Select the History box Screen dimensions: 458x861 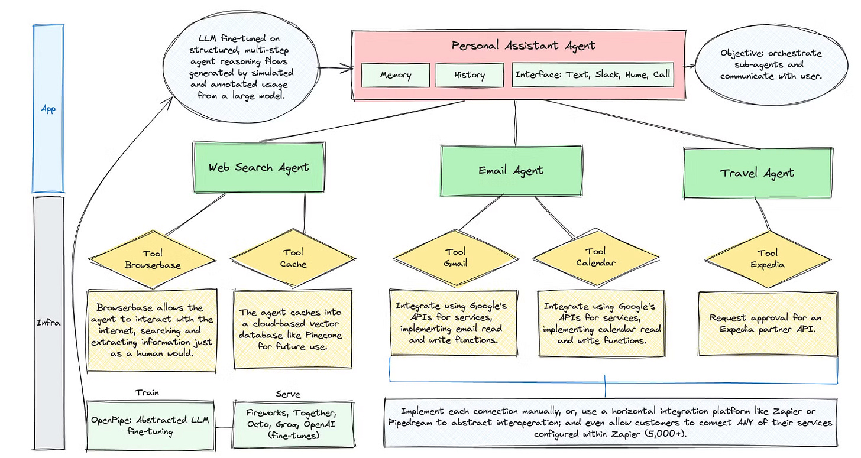click(468, 75)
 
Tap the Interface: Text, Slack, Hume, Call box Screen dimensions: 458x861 click(592, 75)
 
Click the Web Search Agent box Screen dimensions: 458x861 click(258, 167)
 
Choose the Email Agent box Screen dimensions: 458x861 click(511, 171)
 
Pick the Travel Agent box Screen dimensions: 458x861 click(757, 173)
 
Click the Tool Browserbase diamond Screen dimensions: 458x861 click(153, 259)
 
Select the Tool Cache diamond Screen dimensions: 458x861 click(293, 258)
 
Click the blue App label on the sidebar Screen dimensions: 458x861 click(48, 109)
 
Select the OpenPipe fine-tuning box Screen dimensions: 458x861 click(150, 425)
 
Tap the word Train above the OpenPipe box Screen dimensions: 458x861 click(147, 392)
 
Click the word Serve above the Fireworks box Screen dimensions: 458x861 click(288, 394)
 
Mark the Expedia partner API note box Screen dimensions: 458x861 click(768, 323)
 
